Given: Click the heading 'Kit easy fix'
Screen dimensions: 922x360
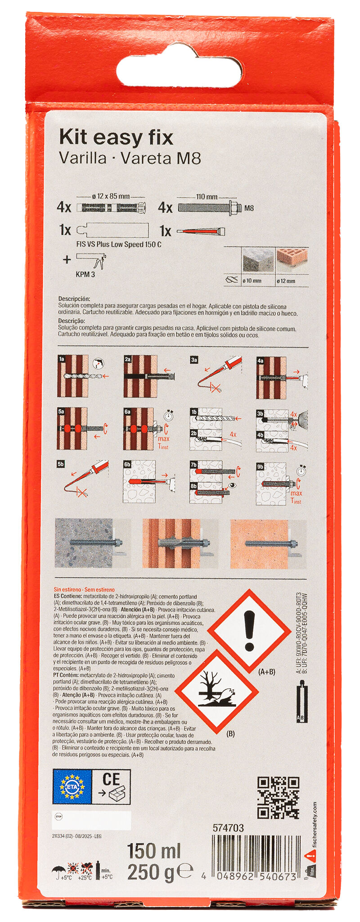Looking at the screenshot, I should pos(116,137).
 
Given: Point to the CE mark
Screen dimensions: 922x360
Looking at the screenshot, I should pos(111,779).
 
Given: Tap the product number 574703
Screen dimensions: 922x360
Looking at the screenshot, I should pos(228,827).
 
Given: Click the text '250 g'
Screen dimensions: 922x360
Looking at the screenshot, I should pos(150,872).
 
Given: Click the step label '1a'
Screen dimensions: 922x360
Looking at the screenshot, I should pos(62,359).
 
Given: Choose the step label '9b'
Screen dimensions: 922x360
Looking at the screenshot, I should pos(260,467).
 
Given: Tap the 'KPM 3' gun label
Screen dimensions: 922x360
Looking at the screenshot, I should pos(85,274).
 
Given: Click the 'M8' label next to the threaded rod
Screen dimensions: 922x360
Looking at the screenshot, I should pos(249,208).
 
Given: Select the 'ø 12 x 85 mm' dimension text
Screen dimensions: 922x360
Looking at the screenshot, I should pos(111,196).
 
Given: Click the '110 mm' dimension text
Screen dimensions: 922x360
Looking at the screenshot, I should pos(207,196).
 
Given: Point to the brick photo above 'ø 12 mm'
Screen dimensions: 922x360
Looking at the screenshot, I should pos(292,256).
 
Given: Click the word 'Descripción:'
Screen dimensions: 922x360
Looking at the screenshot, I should pos(74,298).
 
